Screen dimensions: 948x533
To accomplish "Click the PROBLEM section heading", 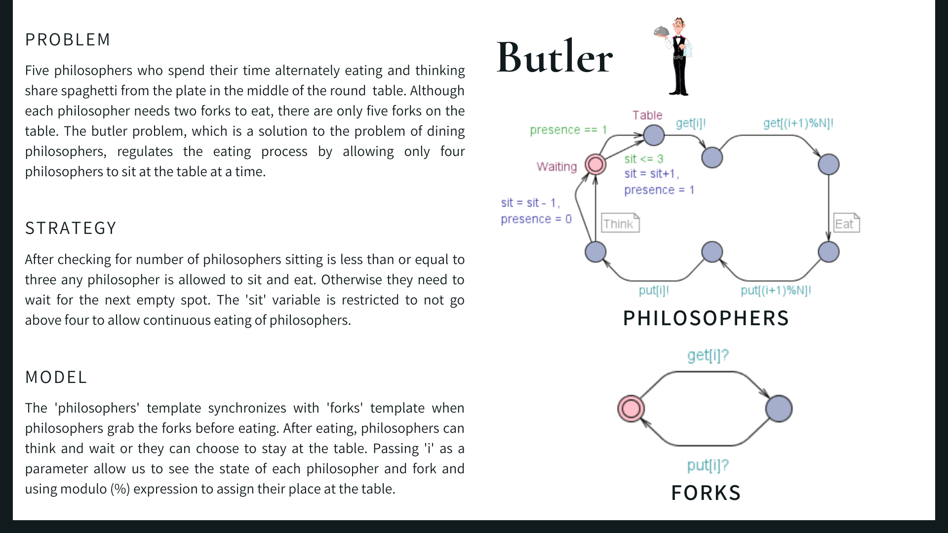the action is pos(68,39).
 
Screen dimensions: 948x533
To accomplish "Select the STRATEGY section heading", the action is pos(71,228).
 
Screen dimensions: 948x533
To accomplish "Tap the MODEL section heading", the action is pos(56,377).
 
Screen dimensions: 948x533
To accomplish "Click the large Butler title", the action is pos(554,57).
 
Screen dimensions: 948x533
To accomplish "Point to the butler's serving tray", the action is pos(662,32).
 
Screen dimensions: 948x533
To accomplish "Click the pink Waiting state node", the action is pos(595,164).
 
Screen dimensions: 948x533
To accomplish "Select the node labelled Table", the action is pos(654,135).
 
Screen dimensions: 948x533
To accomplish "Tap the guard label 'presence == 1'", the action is pos(568,130).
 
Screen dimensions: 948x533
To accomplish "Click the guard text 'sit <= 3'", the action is pos(643,159).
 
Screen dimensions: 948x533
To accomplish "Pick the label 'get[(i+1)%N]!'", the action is pos(798,123).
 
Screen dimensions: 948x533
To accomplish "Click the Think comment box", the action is pos(620,223).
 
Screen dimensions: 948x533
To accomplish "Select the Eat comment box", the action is pos(846,223).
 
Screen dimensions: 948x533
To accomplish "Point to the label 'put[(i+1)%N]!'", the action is pos(776,290).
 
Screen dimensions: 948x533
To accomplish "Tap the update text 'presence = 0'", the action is pos(536,219).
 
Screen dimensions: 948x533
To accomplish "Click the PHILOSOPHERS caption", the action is pos(706,318).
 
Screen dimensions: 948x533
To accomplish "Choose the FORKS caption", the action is pos(706,493).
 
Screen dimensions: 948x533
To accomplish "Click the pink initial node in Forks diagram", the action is pos(631,409).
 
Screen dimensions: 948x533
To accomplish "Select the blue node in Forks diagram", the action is pos(779,409).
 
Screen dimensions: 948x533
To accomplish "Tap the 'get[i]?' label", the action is pos(708,355).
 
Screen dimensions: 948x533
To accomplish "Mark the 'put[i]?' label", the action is pos(708,465).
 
